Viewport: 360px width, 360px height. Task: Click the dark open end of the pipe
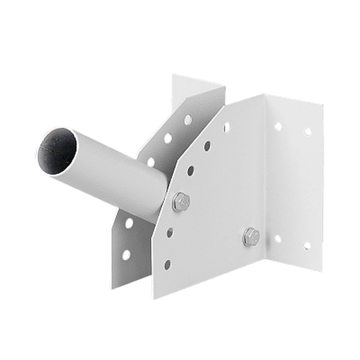click(58, 150)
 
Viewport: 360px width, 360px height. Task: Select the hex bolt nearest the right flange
click(251, 236)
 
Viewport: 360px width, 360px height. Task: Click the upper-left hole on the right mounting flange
click(278, 127)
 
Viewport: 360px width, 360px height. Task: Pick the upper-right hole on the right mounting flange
click(308, 131)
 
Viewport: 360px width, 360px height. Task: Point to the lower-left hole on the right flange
click(277, 239)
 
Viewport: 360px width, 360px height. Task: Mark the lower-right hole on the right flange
click(307, 245)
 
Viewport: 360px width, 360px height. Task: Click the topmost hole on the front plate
click(226, 127)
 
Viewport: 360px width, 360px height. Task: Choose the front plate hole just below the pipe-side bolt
click(170, 232)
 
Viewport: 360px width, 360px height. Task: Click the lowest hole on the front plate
click(167, 264)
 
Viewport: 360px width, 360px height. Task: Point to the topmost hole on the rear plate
click(188, 119)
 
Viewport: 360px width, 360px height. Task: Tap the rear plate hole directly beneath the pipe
click(129, 223)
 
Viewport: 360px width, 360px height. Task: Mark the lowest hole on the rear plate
click(126, 254)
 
